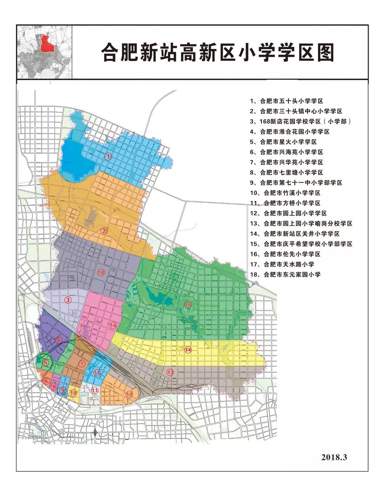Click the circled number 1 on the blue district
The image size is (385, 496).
tap(108, 156)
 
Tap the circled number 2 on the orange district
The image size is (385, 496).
tap(104, 230)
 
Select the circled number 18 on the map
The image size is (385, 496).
tap(101, 272)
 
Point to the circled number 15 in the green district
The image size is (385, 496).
tap(188, 305)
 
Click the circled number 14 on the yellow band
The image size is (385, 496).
tap(188, 350)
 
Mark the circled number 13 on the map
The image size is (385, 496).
tap(170, 372)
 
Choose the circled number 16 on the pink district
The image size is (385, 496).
tap(113, 325)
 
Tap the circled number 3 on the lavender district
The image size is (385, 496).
tap(68, 300)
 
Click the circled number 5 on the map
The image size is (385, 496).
tap(45, 363)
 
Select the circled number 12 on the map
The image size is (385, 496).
tap(129, 394)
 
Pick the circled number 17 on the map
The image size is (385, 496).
tap(97, 372)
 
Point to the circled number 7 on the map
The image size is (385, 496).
tap(82, 364)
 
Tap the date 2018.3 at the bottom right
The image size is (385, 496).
tap(334, 457)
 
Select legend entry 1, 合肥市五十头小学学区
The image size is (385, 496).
tap(287, 101)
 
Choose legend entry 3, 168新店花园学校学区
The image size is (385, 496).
tap(301, 121)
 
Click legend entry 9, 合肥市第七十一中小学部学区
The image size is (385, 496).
tap(296, 182)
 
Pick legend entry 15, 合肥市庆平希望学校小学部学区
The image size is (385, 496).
tap(301, 244)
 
